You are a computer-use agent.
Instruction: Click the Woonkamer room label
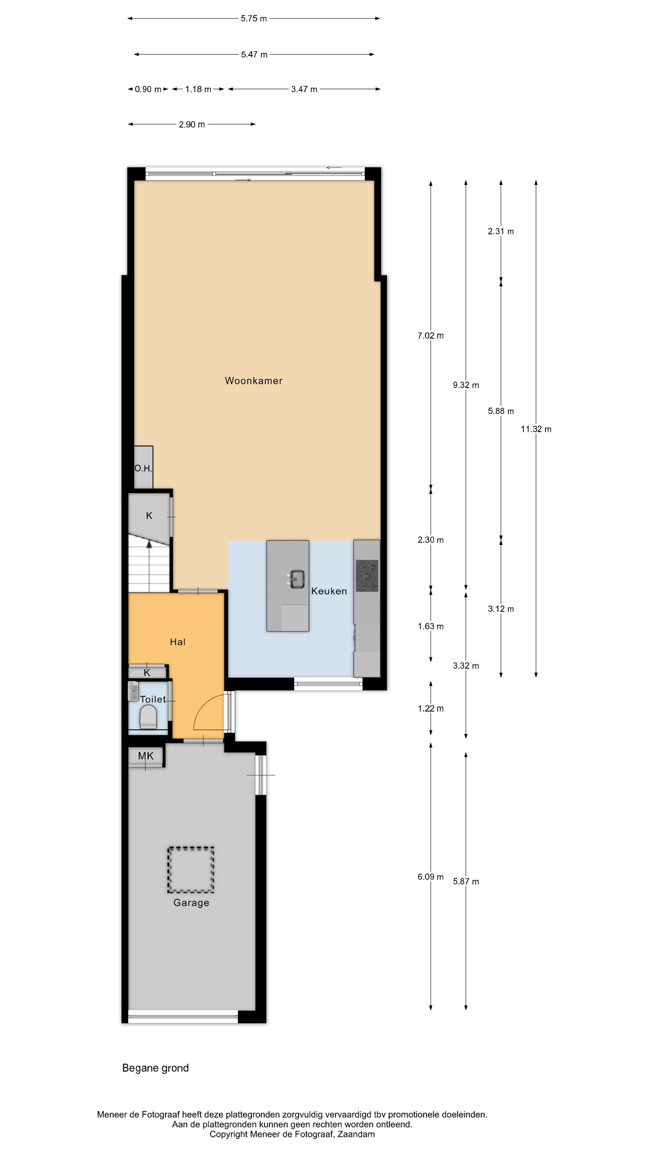tap(253, 381)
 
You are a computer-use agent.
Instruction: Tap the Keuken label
tap(329, 591)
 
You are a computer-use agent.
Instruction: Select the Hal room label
tap(177, 642)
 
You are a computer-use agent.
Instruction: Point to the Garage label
tap(191, 903)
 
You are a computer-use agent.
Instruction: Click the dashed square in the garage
tap(191, 869)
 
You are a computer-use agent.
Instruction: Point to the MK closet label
tap(146, 756)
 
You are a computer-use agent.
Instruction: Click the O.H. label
tap(143, 469)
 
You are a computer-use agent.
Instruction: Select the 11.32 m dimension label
tap(536, 429)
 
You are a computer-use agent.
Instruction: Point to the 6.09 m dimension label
tap(431, 877)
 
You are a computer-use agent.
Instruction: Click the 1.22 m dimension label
tap(431, 708)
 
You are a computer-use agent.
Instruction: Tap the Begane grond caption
tap(155, 1068)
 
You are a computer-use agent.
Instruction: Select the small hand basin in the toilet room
tap(133, 691)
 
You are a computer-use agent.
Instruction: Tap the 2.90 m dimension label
tap(192, 125)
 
